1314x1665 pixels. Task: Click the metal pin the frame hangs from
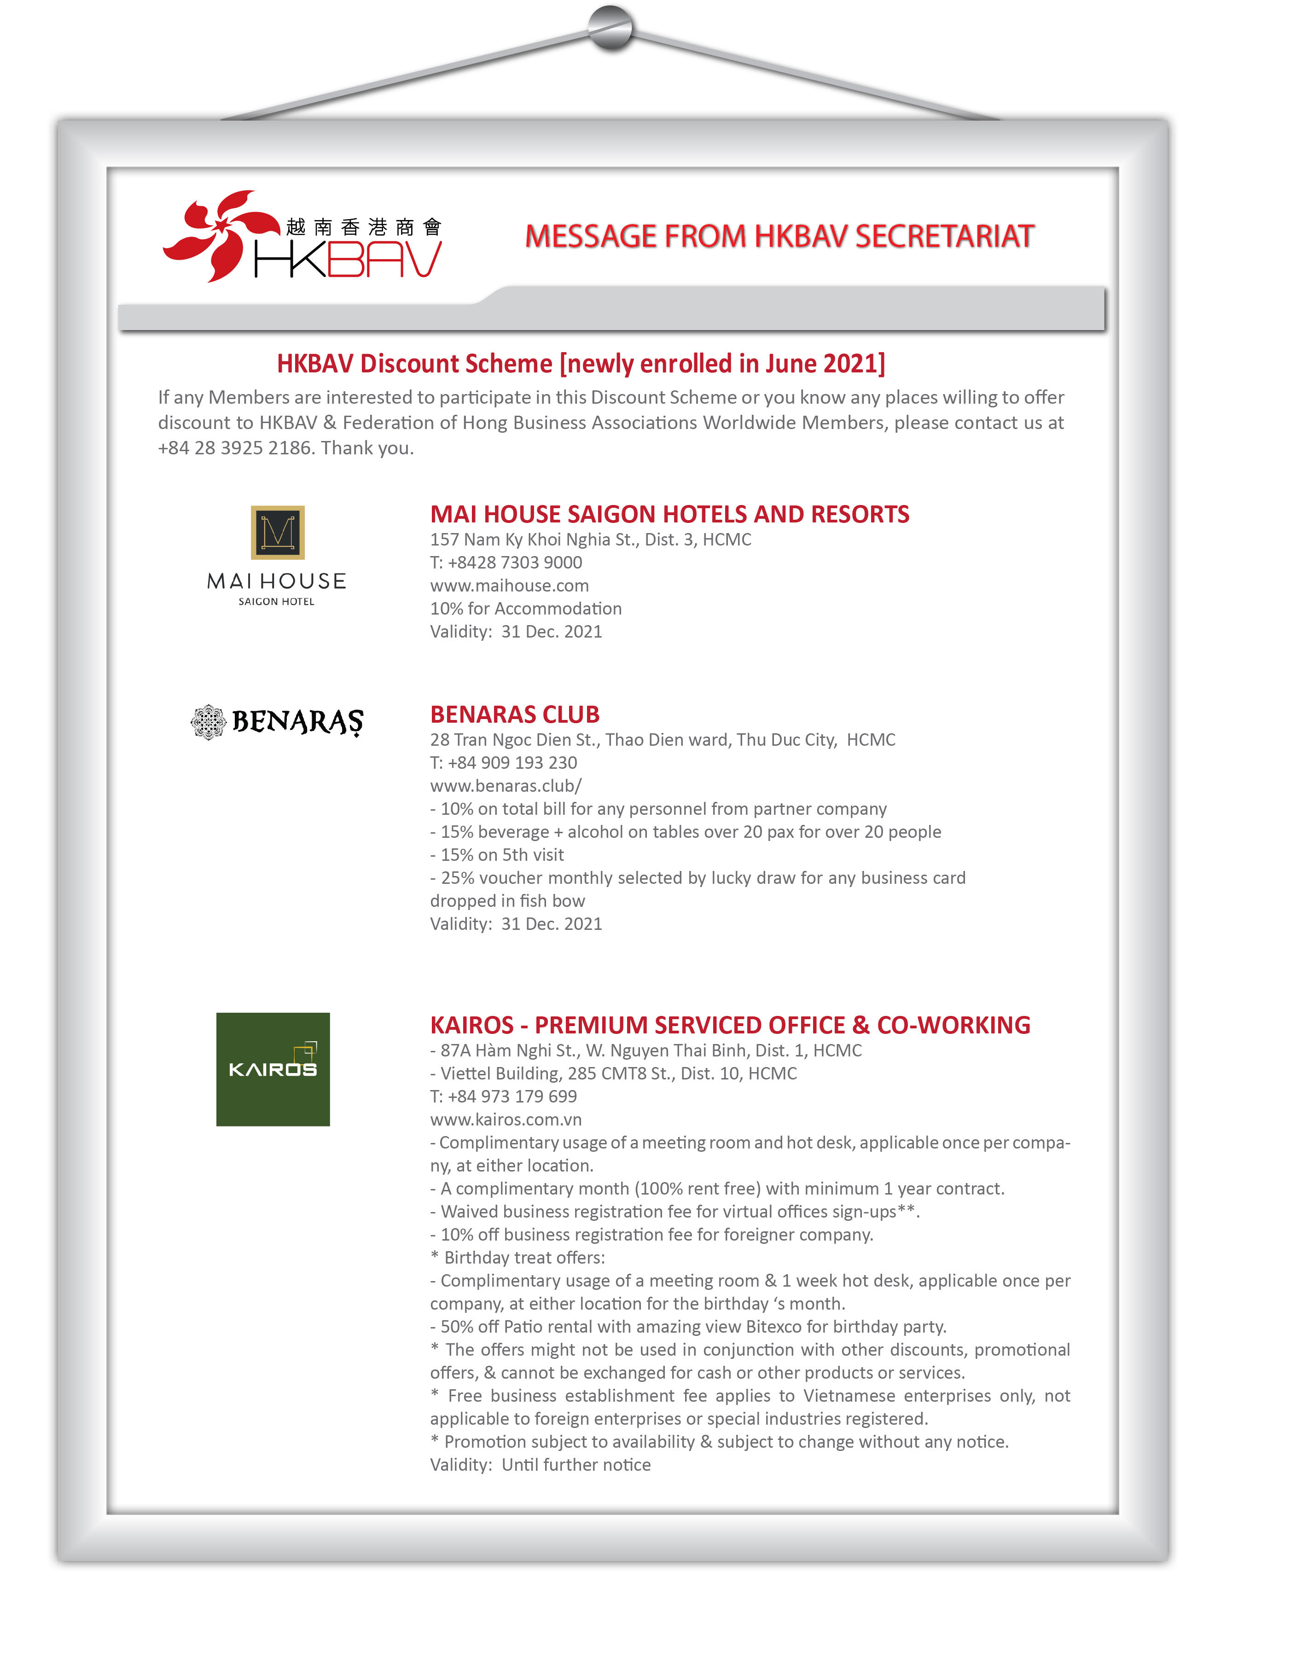(610, 28)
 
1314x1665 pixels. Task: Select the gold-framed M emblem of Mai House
(278, 532)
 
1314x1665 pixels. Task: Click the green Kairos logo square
(273, 1069)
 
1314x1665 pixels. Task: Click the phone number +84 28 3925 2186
(235, 447)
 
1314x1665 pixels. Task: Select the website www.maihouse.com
(509, 585)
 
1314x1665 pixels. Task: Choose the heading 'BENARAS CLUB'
(515, 714)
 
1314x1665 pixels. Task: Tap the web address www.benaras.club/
(506, 785)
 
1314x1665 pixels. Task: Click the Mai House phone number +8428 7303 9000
(515, 562)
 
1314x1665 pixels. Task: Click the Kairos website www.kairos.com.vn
(506, 1119)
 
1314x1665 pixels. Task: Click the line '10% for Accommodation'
(525, 608)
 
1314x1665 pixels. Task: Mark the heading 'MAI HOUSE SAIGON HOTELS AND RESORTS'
(669, 514)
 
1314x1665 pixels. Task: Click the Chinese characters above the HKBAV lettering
(363, 227)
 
